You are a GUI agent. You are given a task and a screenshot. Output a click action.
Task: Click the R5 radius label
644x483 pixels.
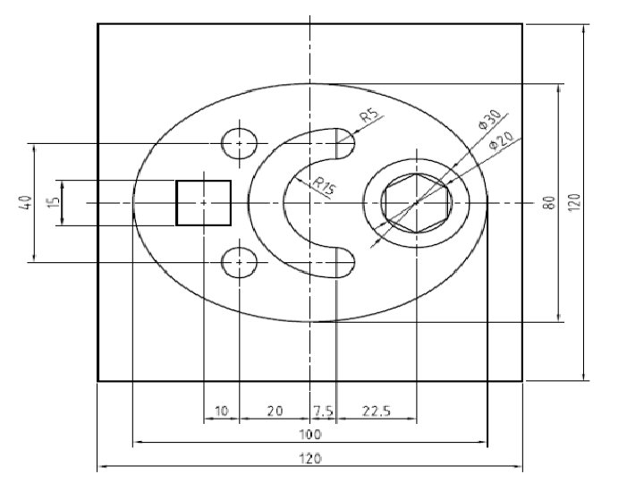[369, 115]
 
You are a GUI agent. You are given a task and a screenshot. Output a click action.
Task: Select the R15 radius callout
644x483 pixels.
[324, 186]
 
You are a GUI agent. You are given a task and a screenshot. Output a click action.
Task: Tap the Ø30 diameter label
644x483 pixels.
[489, 120]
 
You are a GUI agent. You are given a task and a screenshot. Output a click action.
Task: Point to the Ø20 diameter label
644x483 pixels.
[501, 140]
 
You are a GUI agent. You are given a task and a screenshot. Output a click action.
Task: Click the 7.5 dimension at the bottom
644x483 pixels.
[323, 411]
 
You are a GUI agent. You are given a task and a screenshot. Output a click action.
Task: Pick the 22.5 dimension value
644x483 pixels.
[377, 411]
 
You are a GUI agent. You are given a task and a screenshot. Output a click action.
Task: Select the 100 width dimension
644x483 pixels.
[310, 435]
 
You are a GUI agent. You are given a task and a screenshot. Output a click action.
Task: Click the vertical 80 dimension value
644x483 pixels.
[549, 202]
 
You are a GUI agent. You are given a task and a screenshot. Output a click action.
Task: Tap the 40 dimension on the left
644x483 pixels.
[25, 202]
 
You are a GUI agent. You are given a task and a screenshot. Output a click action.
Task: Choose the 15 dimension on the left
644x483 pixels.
[54, 202]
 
